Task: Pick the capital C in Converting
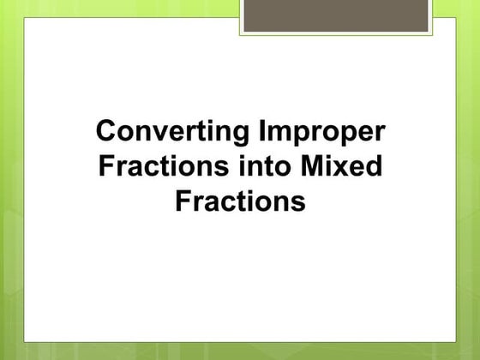pos(105,134)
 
